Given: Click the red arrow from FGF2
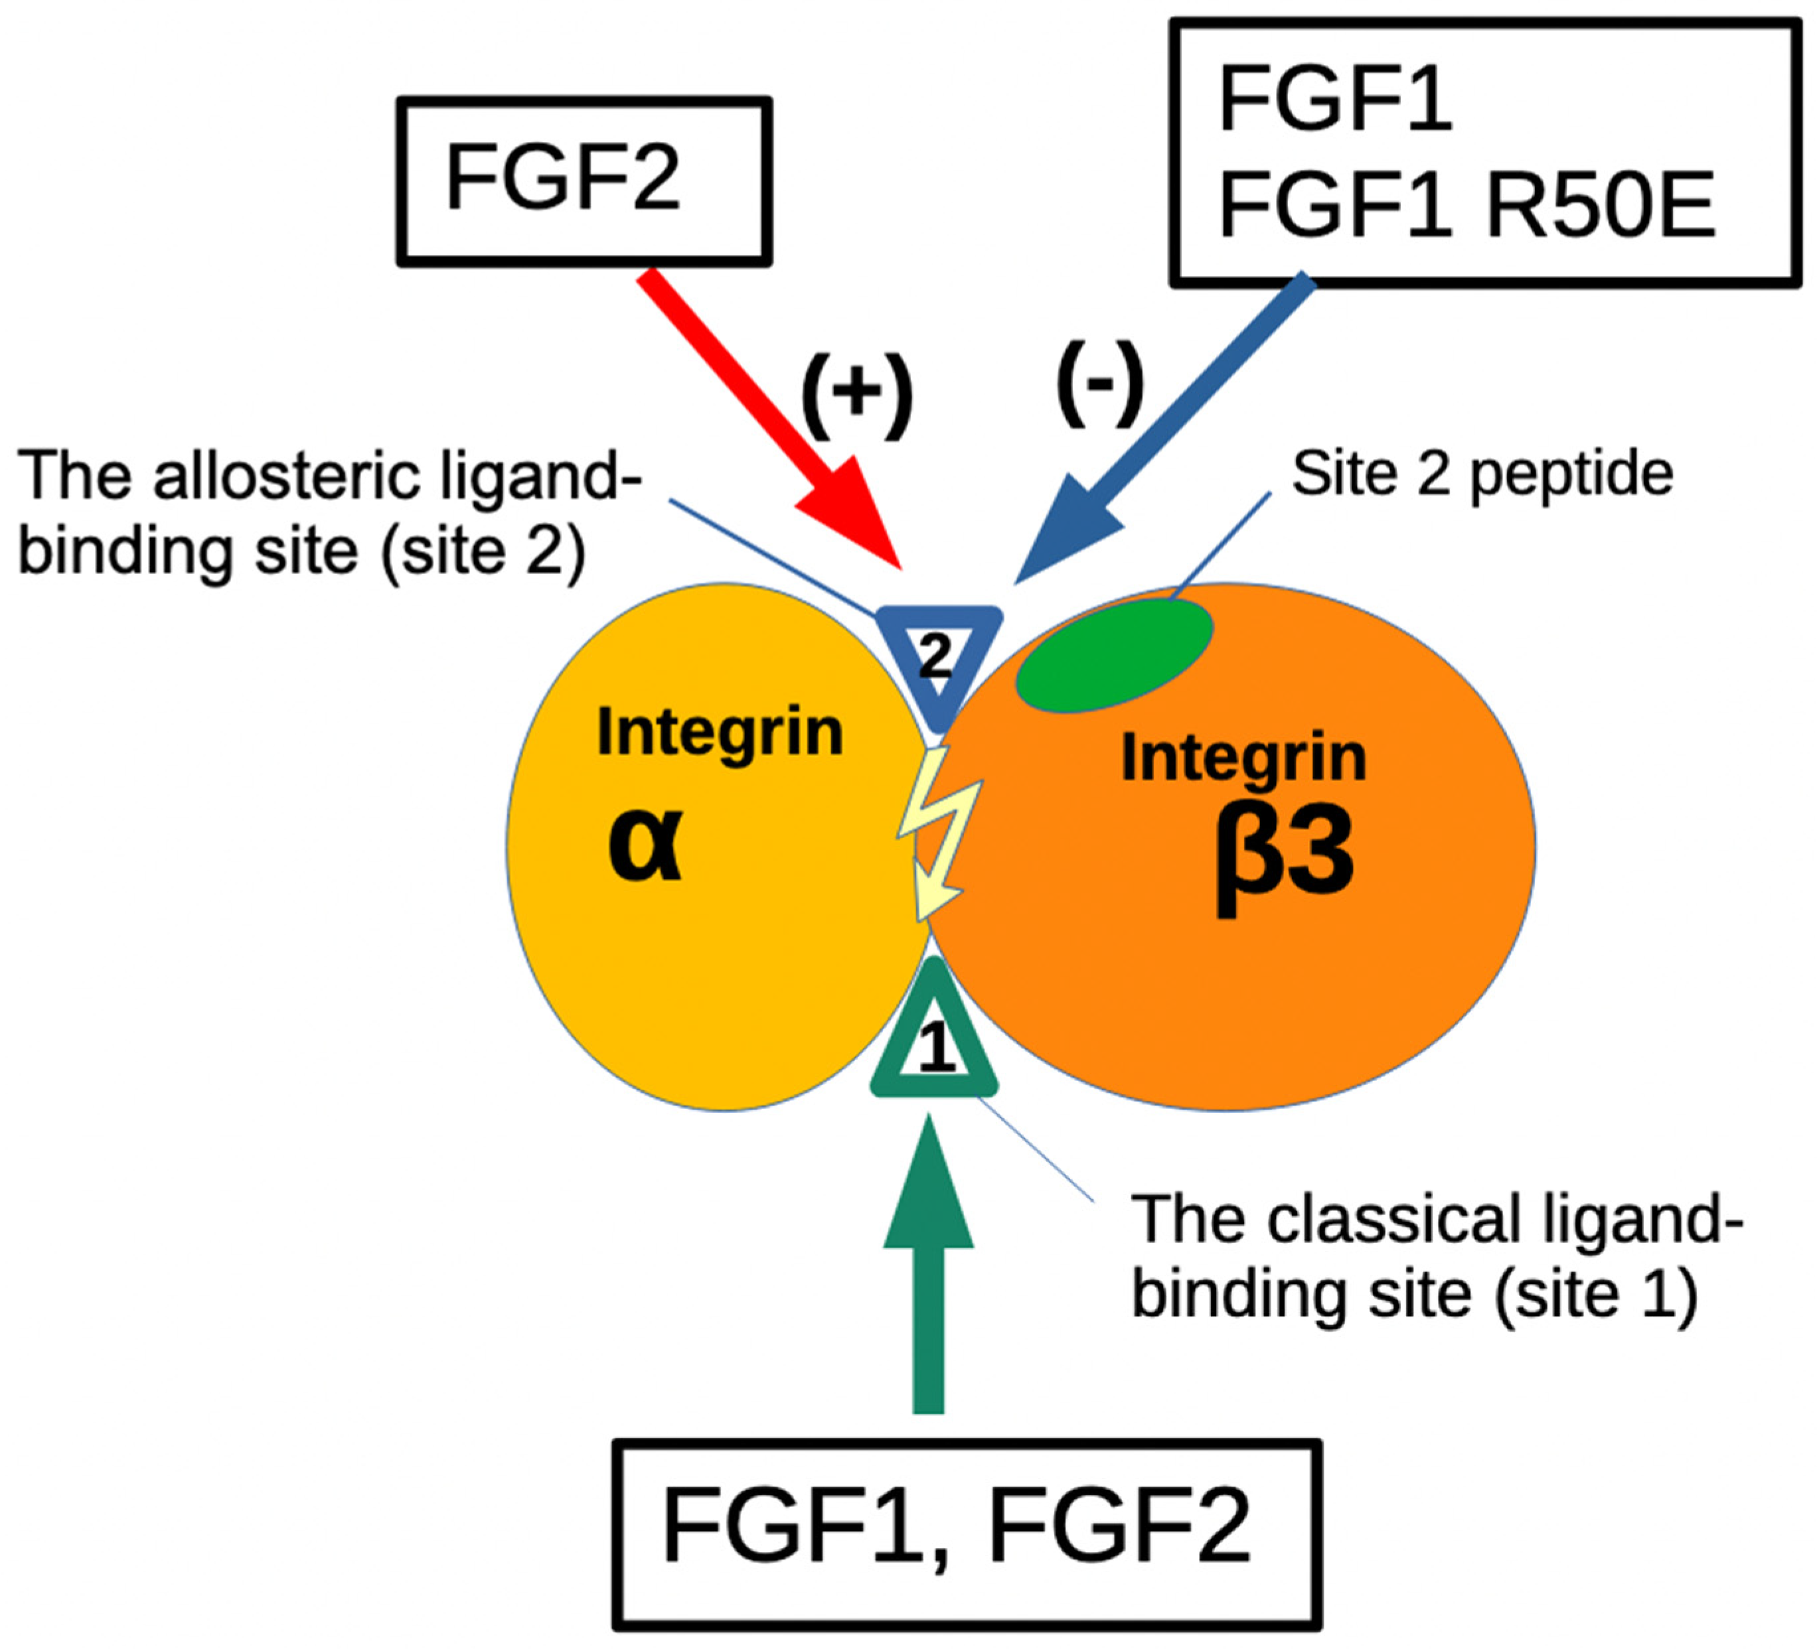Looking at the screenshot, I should [766, 415].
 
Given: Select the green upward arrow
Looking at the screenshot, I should [928, 1279].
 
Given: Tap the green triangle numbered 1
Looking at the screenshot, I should [935, 1045].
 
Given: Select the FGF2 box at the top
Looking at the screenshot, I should [584, 181].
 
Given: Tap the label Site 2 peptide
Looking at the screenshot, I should [1482, 475].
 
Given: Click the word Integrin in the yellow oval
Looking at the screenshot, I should [719, 732].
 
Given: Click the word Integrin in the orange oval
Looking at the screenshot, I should [1244, 757].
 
